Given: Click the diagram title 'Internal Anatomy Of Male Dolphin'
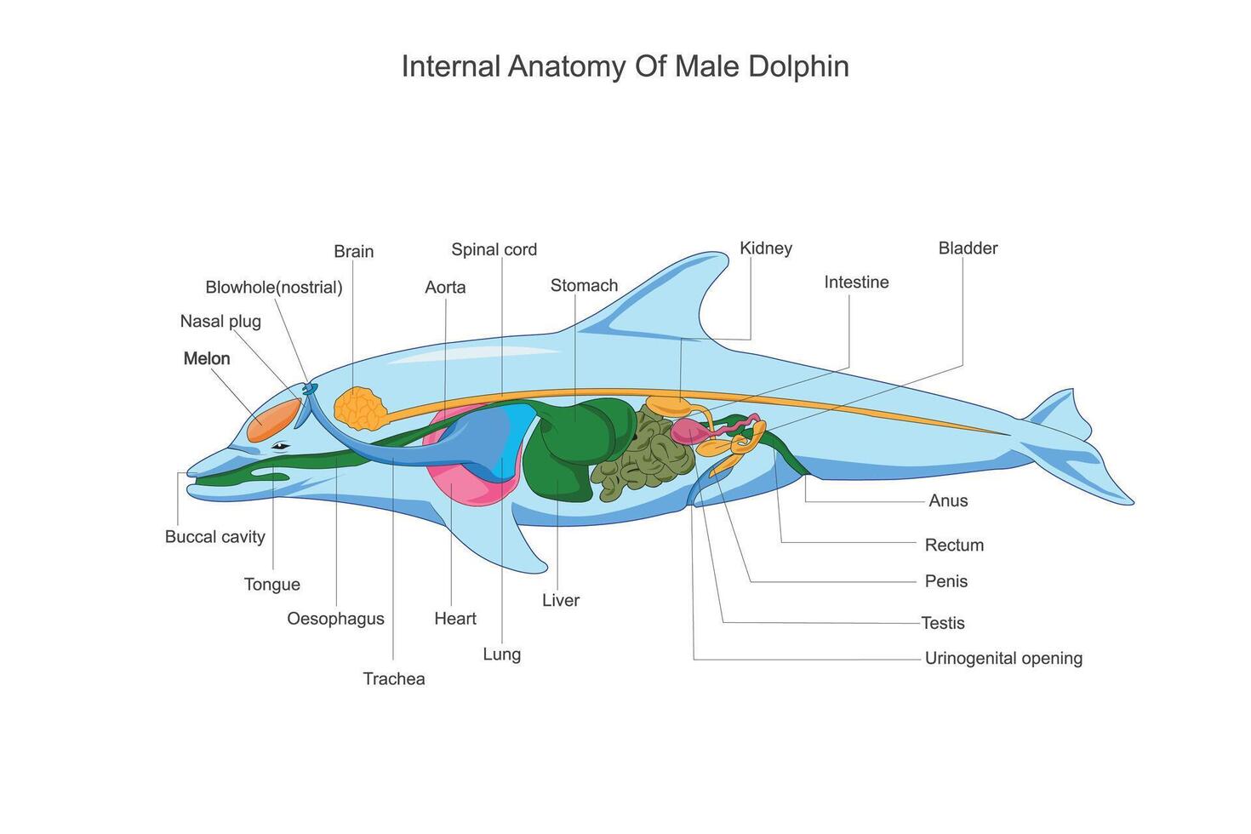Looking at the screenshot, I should click(625, 66).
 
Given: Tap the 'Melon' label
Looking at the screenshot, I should click(207, 358).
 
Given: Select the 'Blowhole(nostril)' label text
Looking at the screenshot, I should click(274, 287).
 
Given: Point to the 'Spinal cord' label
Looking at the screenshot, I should click(494, 249).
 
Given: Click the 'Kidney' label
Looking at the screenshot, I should click(766, 248).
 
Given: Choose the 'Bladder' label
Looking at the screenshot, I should click(968, 248).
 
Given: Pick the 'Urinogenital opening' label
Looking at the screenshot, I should click(1003, 658).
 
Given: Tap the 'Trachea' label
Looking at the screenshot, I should click(393, 678).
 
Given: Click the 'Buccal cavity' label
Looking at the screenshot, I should click(215, 536).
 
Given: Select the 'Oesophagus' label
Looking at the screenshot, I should click(335, 619).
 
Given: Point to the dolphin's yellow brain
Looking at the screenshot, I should click(361, 408).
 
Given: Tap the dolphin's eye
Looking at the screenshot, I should click(281, 446).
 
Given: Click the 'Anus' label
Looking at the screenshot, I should click(948, 500).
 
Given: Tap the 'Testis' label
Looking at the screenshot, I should click(943, 623).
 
